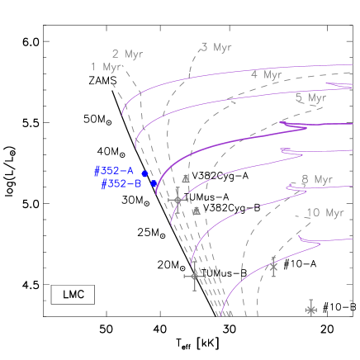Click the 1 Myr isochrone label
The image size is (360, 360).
click(x=107, y=67)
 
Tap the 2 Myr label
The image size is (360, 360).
click(x=127, y=54)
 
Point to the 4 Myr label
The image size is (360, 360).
click(x=266, y=74)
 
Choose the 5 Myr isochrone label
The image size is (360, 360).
click(x=310, y=97)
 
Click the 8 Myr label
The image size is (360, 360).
click(x=316, y=179)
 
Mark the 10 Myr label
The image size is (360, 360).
click(x=324, y=213)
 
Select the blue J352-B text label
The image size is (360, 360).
click(x=121, y=184)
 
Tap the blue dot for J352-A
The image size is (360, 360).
click(x=144, y=173)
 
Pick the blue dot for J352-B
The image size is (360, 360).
click(x=154, y=183)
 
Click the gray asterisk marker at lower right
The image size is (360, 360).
click(x=311, y=310)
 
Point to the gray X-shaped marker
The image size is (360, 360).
click(x=273, y=266)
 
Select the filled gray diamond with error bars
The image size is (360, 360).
click(x=178, y=200)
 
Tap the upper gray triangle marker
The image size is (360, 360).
click(x=186, y=178)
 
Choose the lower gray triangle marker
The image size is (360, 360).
click(x=197, y=211)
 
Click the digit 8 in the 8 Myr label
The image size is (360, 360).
click(x=305, y=179)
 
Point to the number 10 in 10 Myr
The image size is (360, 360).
click(x=312, y=213)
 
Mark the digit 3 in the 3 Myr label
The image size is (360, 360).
click(x=204, y=47)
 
